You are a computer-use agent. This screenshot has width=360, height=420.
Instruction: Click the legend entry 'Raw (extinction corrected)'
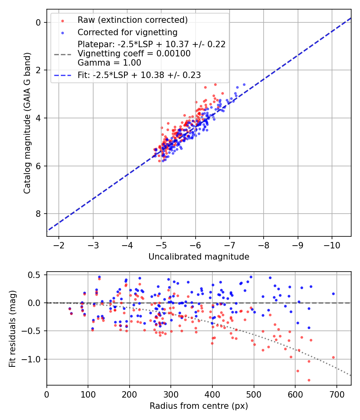[x=132, y=20]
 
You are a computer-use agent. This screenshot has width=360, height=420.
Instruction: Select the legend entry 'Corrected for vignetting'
[x=127, y=32]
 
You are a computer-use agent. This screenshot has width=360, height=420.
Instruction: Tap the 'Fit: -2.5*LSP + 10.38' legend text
[x=139, y=75]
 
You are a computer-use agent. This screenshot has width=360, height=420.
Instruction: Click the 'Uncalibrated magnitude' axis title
[x=199, y=257]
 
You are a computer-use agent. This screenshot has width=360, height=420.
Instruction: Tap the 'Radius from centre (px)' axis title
[x=199, y=406]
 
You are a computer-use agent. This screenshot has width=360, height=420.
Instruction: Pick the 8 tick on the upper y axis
[x=38, y=214]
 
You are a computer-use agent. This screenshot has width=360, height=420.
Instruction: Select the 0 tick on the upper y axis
[x=38, y=22]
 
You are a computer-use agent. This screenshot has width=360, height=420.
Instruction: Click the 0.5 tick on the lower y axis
[x=36, y=275]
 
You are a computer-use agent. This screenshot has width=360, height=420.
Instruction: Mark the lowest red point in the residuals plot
[x=309, y=380]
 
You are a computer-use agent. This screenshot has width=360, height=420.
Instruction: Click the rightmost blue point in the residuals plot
[x=333, y=294]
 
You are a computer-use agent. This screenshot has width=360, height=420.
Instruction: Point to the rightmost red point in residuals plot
[x=333, y=357]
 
